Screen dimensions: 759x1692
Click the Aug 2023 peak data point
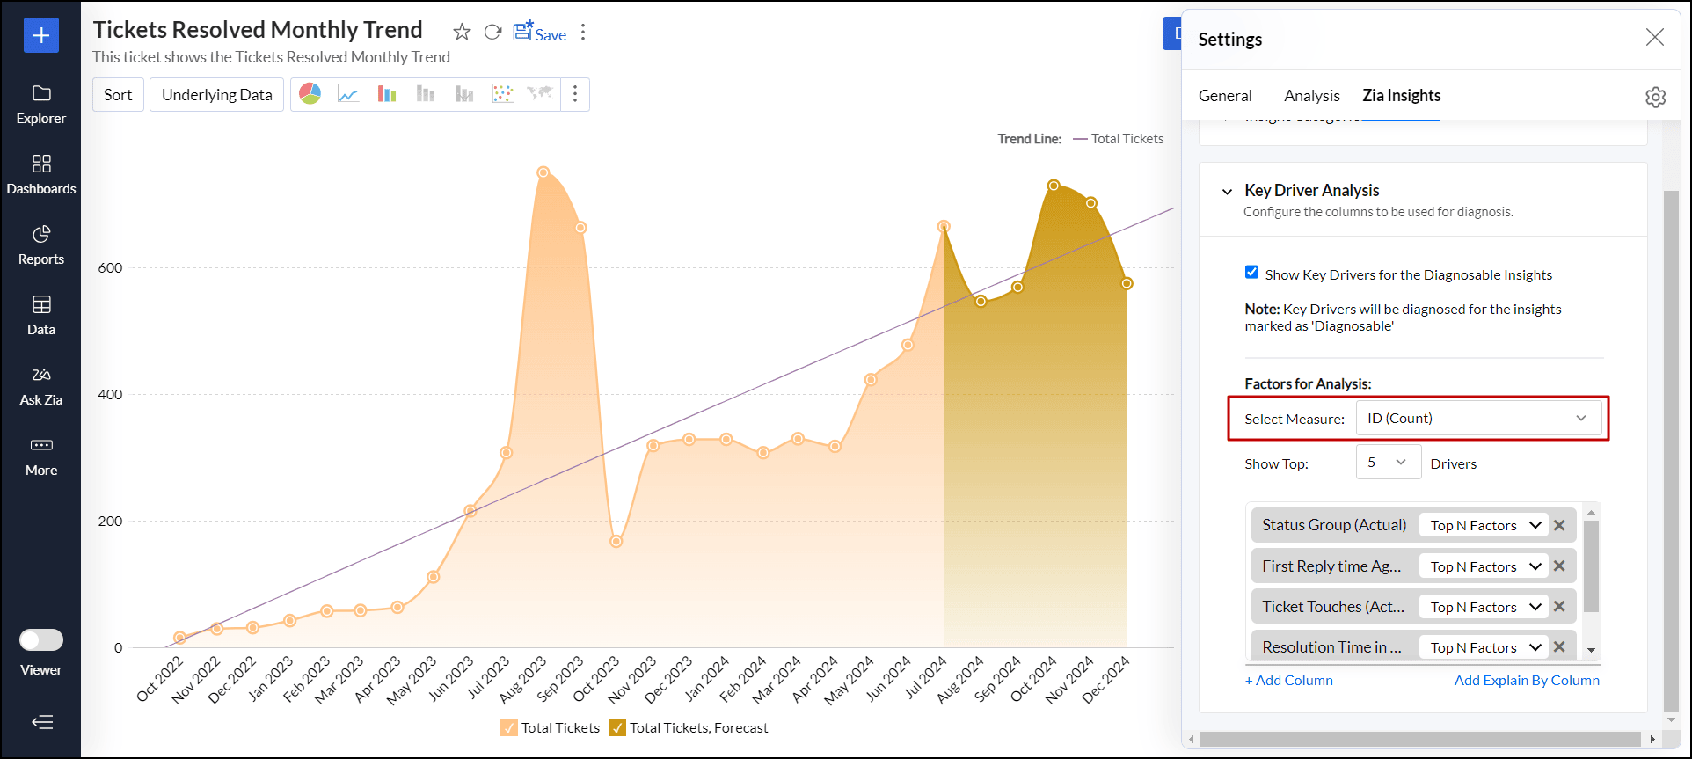point(543,172)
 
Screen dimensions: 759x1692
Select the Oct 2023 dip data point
point(616,541)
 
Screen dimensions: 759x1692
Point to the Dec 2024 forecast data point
point(1127,283)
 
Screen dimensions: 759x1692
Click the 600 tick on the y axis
point(111,268)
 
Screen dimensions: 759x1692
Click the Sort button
point(118,95)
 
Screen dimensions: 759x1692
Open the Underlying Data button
point(216,95)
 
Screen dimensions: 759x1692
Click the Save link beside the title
point(540,33)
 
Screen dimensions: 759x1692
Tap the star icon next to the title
point(462,33)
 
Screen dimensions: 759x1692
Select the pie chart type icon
point(310,94)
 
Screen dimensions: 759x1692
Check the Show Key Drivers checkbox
point(1251,273)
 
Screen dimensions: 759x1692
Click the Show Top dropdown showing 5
point(1388,463)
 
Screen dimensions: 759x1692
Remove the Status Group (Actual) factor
point(1559,525)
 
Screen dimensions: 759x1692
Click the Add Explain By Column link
point(1526,681)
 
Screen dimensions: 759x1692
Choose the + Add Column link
point(1288,681)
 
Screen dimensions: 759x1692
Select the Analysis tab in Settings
point(1311,96)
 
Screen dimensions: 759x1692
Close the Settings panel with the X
point(1654,37)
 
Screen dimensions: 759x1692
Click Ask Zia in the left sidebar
point(41,387)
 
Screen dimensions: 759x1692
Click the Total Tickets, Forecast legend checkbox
point(617,727)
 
